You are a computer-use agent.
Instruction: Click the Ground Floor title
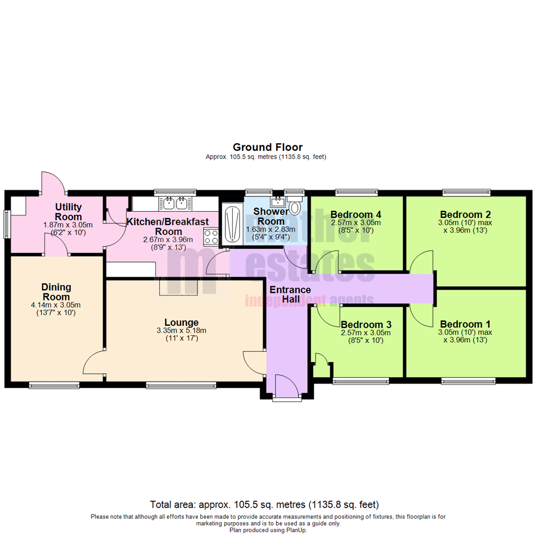(x=268, y=147)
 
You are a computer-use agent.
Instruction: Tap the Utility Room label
(x=68, y=211)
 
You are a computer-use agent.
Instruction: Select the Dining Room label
(x=56, y=292)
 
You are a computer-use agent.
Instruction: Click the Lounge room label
(x=181, y=322)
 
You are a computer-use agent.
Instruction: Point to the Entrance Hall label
(x=290, y=294)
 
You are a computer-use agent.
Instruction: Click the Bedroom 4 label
(x=356, y=215)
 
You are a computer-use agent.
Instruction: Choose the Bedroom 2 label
(x=465, y=215)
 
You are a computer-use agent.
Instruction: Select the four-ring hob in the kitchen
(x=211, y=236)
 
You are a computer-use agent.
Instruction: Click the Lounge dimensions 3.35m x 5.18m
(x=181, y=331)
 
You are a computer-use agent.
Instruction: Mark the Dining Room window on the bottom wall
(x=54, y=384)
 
